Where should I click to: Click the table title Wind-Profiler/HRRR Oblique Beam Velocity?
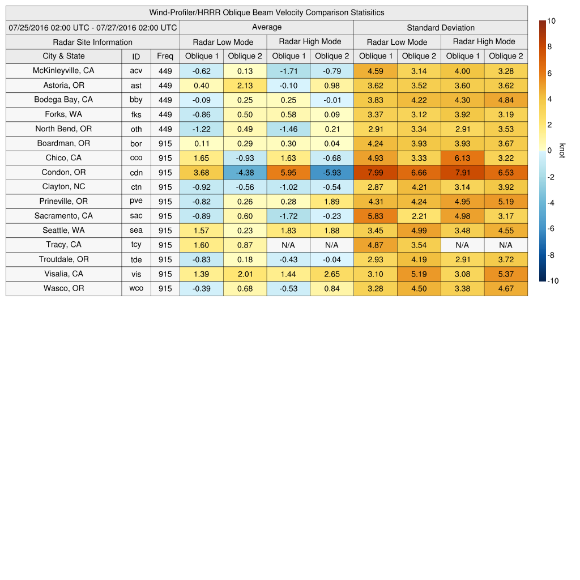click(x=267, y=12)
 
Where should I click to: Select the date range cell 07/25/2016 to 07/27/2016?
click(x=93, y=27)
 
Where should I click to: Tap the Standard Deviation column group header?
click(x=441, y=27)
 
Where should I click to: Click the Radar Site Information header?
click(x=93, y=42)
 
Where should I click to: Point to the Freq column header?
click(x=165, y=56)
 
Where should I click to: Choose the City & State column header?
click(x=63, y=56)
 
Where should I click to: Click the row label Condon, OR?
click(x=63, y=172)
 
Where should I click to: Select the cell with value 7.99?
click(x=376, y=172)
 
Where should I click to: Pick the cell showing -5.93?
click(x=332, y=172)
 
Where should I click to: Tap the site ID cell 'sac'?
click(x=136, y=216)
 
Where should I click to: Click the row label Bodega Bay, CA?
click(x=63, y=100)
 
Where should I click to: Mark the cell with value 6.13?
click(x=462, y=158)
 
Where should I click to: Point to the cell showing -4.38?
click(x=245, y=172)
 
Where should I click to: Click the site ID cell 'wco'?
click(x=136, y=288)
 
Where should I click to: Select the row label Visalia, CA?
click(x=63, y=274)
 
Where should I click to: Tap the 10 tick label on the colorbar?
click(x=552, y=21)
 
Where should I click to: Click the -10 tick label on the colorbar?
click(x=552, y=280)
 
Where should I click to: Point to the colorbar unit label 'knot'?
click(x=562, y=151)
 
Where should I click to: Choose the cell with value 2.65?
click(x=332, y=274)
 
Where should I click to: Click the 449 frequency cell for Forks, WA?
click(x=165, y=114)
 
